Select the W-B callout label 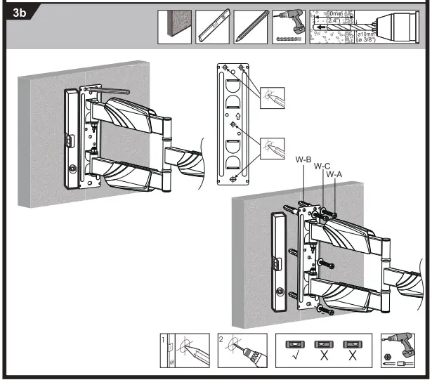303,160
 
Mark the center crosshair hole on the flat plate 234,128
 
